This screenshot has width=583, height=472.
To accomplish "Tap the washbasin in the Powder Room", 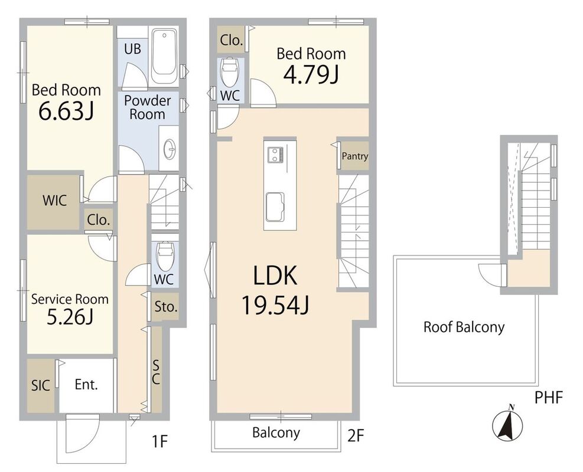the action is pyautogui.click(x=170, y=148).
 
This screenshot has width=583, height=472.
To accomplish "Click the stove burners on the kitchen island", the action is pyautogui.click(x=276, y=155).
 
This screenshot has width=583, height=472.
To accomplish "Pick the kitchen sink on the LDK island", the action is pyautogui.click(x=275, y=207).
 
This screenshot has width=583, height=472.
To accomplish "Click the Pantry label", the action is pyautogui.click(x=355, y=156).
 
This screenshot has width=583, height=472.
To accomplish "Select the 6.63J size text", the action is pyautogui.click(x=67, y=111).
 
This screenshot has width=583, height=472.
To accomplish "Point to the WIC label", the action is pyautogui.click(x=55, y=201).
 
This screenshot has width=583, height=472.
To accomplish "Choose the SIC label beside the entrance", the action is pyautogui.click(x=41, y=385).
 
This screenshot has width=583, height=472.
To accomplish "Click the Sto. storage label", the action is pyautogui.click(x=166, y=307).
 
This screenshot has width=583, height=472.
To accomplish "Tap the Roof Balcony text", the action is pyautogui.click(x=464, y=327).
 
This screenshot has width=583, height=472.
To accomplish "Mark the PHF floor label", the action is pyautogui.click(x=549, y=397).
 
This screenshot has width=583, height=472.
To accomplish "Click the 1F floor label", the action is pyautogui.click(x=160, y=442).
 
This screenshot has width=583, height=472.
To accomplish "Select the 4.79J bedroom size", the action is pyautogui.click(x=311, y=75).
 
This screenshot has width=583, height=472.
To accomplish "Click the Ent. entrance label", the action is pyautogui.click(x=86, y=384).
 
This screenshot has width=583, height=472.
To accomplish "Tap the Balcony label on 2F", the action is pyautogui.click(x=276, y=432).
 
